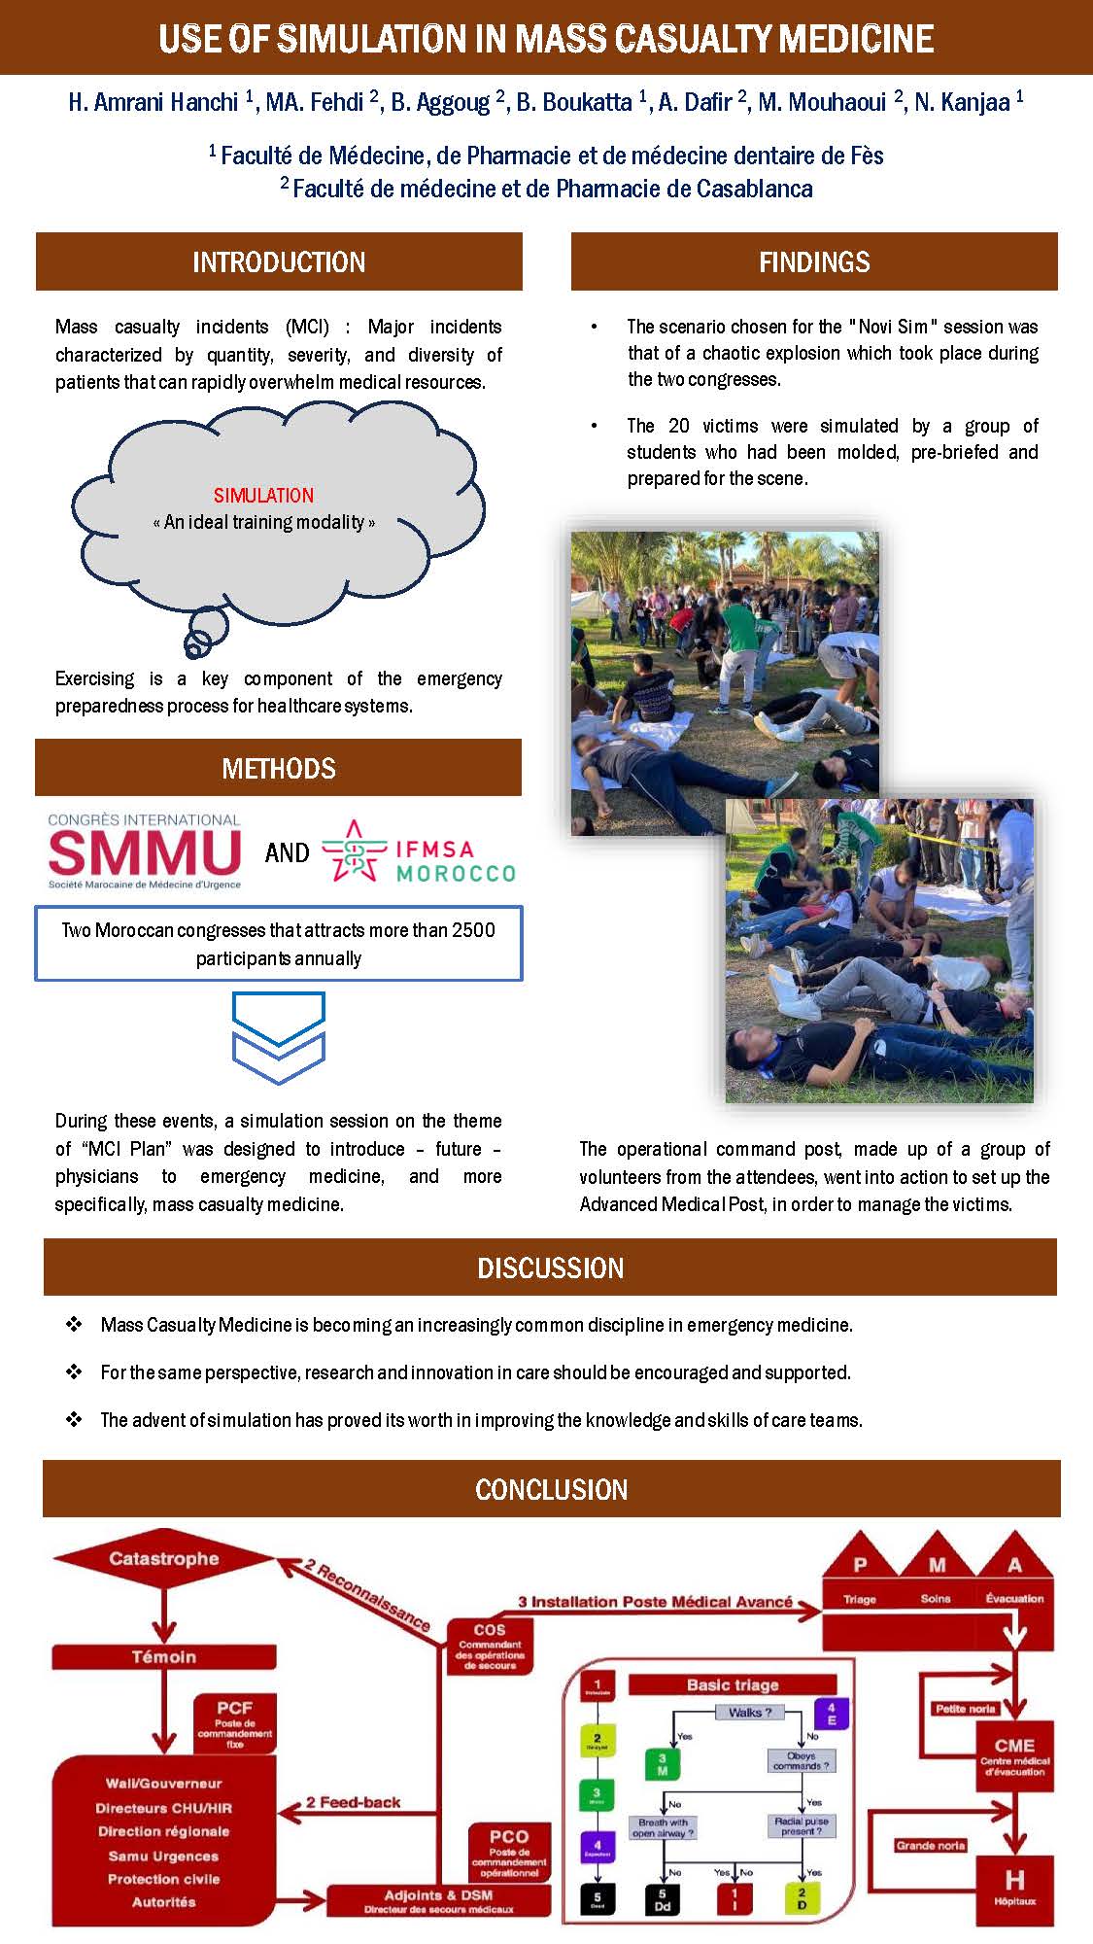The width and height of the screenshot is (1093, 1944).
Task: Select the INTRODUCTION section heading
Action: tap(279, 261)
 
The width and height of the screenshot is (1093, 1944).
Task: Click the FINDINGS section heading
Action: tap(814, 261)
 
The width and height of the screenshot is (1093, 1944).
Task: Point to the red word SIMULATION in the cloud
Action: tap(263, 495)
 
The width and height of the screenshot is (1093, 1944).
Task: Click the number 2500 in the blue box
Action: tap(473, 930)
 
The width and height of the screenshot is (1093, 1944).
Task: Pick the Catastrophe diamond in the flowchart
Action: tap(164, 1559)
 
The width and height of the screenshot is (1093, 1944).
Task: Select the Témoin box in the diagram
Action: tap(164, 1656)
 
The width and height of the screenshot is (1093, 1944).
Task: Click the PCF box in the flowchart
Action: tap(234, 1723)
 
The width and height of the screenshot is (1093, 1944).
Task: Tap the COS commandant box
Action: tap(490, 1647)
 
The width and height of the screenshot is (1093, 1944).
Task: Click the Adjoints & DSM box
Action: tap(438, 1900)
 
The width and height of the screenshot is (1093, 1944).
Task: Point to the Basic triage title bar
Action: tap(733, 1684)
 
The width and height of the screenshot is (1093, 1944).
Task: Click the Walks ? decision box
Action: tap(750, 1713)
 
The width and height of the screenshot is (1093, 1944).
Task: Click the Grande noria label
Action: tap(931, 1845)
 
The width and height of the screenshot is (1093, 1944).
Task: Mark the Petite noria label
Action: tap(965, 1709)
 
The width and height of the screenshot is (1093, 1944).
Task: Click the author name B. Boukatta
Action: tap(574, 102)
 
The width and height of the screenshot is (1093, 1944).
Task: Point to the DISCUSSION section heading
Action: tap(550, 1267)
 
